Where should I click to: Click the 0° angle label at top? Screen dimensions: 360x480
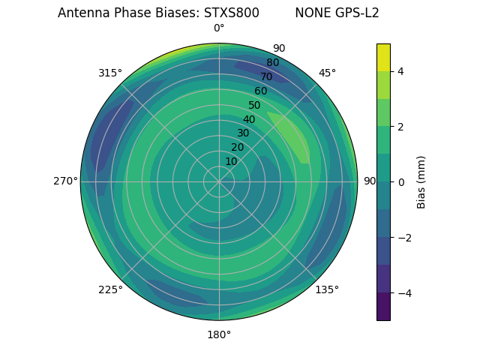tap(219, 28)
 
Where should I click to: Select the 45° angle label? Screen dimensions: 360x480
tap(327, 73)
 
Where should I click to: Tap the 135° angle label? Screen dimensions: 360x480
tap(327, 289)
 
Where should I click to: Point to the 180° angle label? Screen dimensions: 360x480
tap(219, 334)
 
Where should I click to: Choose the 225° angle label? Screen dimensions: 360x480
tap(110, 289)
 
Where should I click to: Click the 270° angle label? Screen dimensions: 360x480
tap(65, 181)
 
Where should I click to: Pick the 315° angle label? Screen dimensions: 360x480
tap(110, 73)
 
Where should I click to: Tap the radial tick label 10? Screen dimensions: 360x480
tap(231, 161)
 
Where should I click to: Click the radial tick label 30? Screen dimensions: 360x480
tap(243, 133)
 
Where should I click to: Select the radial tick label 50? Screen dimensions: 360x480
tap(254, 105)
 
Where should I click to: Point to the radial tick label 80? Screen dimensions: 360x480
tap(272, 62)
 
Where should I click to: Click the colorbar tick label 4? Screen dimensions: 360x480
tap(400, 71)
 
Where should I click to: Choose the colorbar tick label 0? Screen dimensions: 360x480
tap(400, 182)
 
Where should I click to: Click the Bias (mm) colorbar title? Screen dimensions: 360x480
tap(421, 182)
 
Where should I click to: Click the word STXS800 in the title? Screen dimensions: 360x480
tap(232, 13)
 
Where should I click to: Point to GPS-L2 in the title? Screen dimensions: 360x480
tap(358, 13)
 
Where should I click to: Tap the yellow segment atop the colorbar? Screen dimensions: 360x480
tap(383, 57)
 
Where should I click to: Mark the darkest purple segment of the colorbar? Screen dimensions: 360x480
tap(383, 306)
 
